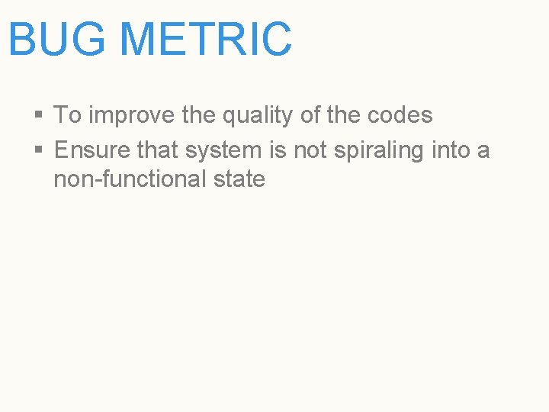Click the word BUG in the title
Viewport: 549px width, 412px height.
(x=57, y=40)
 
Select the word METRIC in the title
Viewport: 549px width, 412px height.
(x=206, y=40)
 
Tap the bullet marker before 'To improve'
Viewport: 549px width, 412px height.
(x=38, y=116)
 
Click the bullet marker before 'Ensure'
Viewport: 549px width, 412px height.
(x=38, y=151)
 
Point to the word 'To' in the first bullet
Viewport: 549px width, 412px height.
(x=67, y=115)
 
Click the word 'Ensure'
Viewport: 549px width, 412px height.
(x=92, y=150)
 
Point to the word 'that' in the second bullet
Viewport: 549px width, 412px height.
(x=158, y=150)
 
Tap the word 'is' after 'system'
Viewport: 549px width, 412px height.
(x=279, y=150)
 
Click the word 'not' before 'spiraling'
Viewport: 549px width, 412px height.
(x=310, y=150)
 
